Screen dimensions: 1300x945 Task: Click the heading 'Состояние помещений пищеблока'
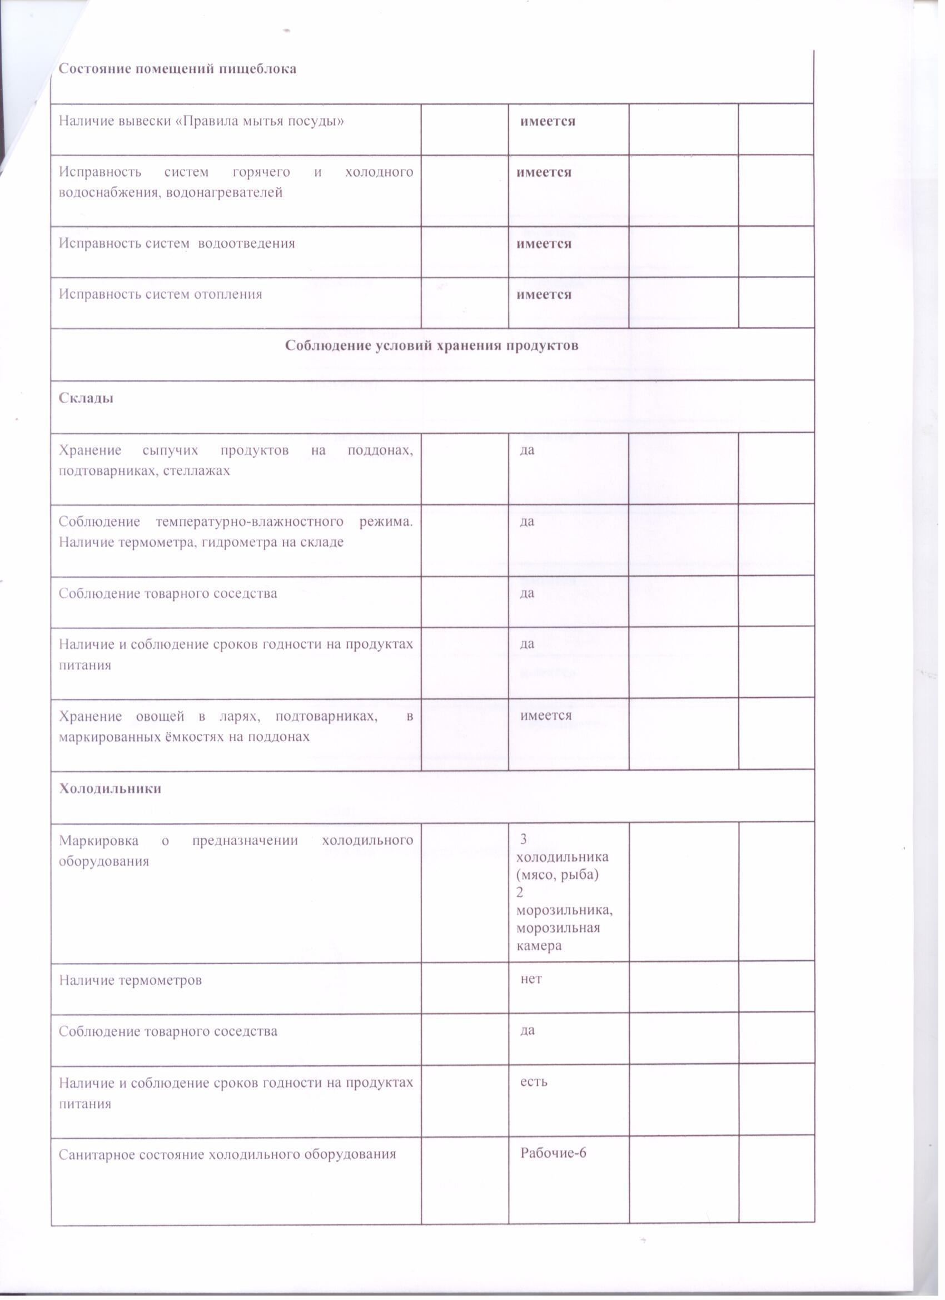pyautogui.click(x=178, y=69)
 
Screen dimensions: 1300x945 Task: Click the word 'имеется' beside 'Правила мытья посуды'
pyautogui.click(x=548, y=121)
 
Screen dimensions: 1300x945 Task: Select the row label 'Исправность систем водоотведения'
pyautogui.click(x=177, y=243)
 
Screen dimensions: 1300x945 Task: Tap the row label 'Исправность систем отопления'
pyautogui.click(x=161, y=294)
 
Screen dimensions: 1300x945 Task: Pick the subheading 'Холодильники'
pyautogui.click(x=110, y=788)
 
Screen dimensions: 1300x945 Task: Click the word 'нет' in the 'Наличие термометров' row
pyautogui.click(x=531, y=980)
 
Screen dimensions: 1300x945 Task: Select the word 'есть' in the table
pyautogui.click(x=534, y=1081)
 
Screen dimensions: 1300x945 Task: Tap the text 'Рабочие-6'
pyautogui.click(x=553, y=1153)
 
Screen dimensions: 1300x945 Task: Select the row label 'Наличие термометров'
pyautogui.click(x=130, y=980)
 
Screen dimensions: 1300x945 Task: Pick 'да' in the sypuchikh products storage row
pyautogui.click(x=526, y=450)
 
